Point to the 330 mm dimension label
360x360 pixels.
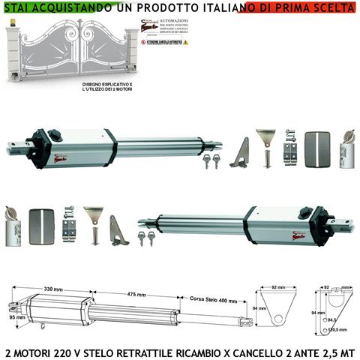click(x=52, y=287)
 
